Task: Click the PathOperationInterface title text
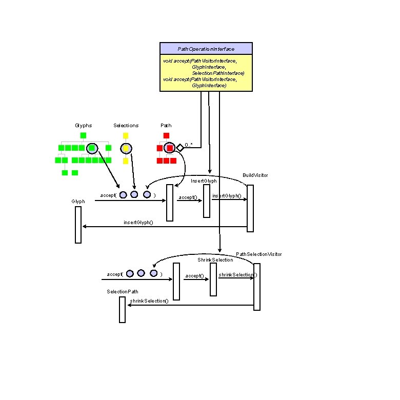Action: [206, 49]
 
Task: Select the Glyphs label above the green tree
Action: [83, 126]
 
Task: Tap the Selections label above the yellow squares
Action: [126, 126]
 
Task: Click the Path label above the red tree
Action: [166, 126]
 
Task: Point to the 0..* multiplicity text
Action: [188, 145]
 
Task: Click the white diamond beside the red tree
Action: [180, 148]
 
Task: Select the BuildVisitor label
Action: [255, 175]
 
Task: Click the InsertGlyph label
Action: [204, 181]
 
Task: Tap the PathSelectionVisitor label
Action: [258, 254]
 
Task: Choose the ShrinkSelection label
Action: [215, 260]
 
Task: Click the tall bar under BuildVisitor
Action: [250, 208]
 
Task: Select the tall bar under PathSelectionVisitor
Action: [257, 287]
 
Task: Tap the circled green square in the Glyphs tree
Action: [92, 148]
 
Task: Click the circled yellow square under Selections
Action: [126, 149]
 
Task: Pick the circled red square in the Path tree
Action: [170, 148]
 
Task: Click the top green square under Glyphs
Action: [83, 136]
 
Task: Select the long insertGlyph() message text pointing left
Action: [138, 223]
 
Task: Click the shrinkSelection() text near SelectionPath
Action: [149, 301]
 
